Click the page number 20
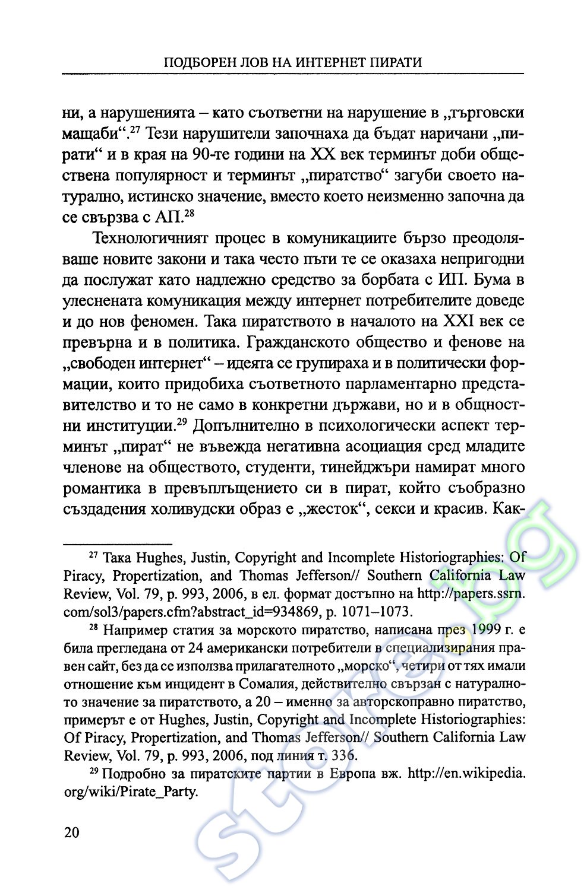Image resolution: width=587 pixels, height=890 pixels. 71,832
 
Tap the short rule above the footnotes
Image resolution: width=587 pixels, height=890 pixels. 118,542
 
